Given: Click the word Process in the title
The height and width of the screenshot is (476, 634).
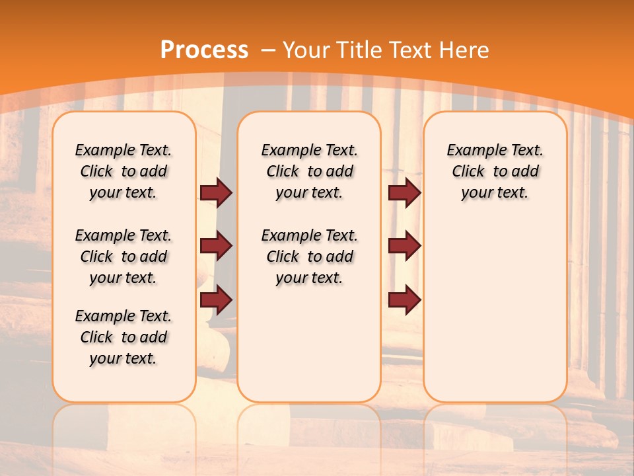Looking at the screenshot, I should tap(205, 50).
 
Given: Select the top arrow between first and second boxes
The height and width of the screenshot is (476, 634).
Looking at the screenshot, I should tap(216, 193).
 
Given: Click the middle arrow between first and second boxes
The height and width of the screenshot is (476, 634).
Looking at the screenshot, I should tap(216, 247).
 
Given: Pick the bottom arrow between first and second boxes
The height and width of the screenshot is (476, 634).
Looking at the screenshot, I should tap(216, 299).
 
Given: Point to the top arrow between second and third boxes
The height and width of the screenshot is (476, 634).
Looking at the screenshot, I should tap(404, 193).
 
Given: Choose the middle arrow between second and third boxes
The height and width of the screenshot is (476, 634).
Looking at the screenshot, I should tap(404, 247).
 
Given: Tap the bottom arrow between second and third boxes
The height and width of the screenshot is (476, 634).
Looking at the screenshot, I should tap(404, 299).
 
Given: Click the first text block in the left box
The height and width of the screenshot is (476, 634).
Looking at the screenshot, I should tap(123, 171).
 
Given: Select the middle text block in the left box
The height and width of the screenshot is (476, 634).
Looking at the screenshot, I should tap(123, 257).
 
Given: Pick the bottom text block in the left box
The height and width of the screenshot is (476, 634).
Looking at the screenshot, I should tap(123, 337).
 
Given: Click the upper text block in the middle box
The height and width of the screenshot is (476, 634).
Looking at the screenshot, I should tap(310, 171).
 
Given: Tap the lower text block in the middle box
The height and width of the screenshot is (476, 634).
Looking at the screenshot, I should tap(310, 257).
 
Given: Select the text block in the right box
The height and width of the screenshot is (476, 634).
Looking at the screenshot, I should tap(495, 171).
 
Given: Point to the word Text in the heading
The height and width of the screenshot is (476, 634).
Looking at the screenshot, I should tap(412, 50).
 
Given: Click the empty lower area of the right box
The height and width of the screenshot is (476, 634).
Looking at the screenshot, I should tap(495, 311).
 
